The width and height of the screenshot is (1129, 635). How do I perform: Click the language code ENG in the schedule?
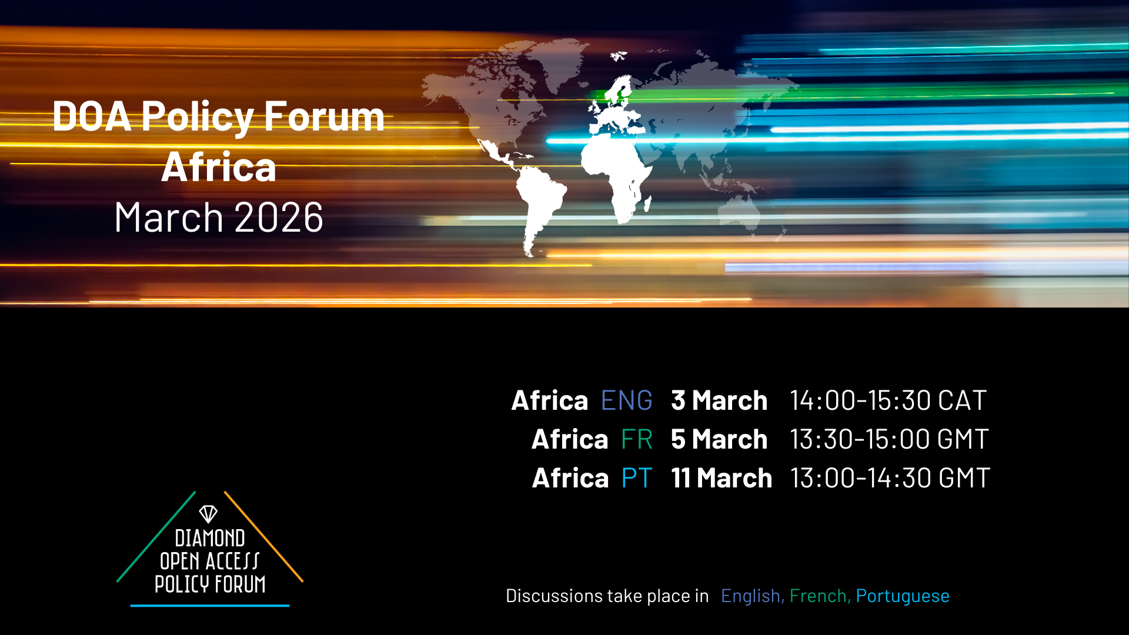(x=626, y=400)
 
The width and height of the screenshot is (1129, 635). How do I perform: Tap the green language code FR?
(x=636, y=439)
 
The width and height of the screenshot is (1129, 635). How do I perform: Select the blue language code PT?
(x=637, y=478)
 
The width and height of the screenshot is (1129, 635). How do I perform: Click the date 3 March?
(x=719, y=400)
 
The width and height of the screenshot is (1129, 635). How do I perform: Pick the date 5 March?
(x=719, y=439)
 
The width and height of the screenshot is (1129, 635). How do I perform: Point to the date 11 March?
(x=722, y=478)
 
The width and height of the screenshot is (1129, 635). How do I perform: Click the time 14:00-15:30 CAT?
(x=888, y=400)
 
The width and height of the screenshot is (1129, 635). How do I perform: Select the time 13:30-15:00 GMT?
(x=889, y=439)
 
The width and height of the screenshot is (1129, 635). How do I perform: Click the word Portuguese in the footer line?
(x=903, y=596)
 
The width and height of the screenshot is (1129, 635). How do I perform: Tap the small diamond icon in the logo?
(x=208, y=514)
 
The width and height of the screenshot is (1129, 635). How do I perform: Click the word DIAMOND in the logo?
(x=210, y=538)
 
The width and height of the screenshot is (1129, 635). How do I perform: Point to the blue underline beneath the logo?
(x=210, y=605)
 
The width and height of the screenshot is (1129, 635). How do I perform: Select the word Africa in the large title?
(x=219, y=167)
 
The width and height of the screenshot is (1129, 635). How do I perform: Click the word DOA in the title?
(x=92, y=116)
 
